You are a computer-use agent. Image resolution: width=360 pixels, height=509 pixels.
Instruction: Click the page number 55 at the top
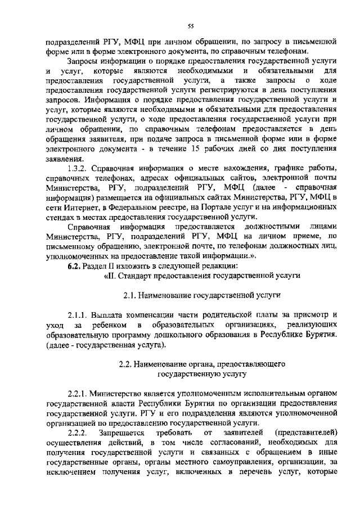[x=191, y=25]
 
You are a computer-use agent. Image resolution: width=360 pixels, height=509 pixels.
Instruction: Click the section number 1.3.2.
[x=77, y=168]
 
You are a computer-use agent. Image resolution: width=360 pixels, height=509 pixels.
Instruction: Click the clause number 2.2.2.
[x=76, y=433]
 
